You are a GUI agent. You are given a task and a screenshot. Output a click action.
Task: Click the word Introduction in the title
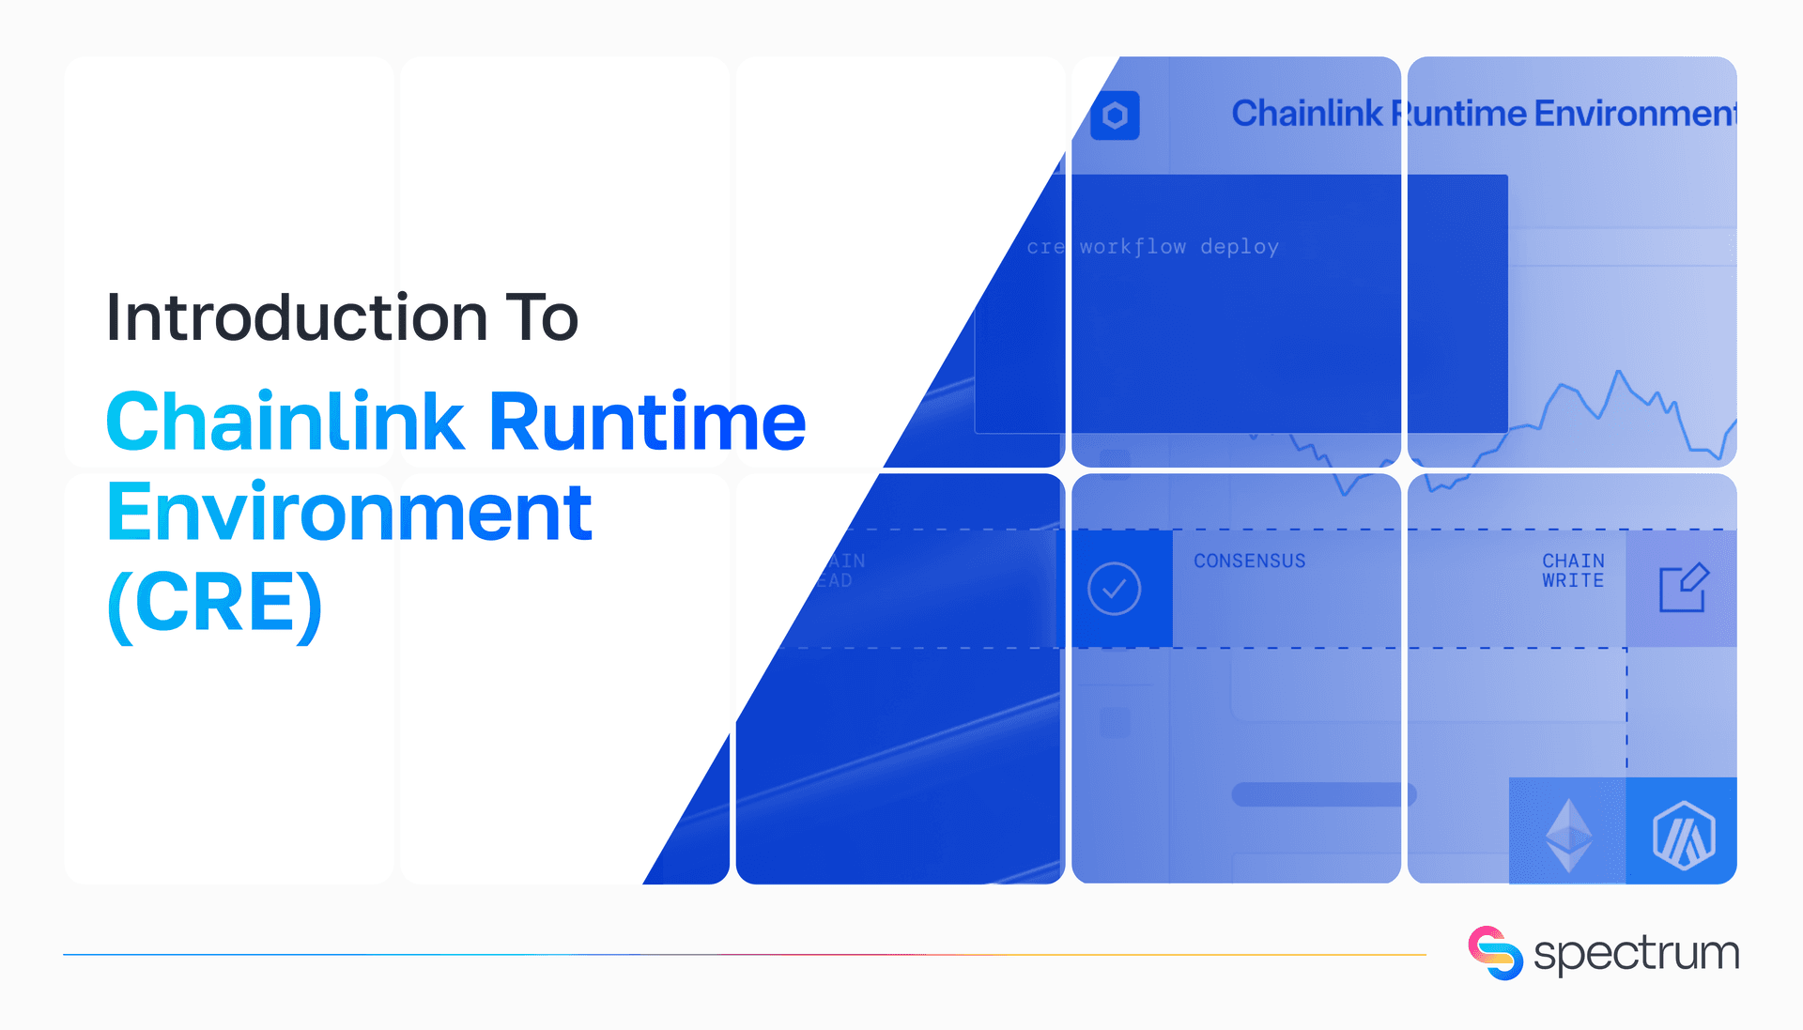point(297,317)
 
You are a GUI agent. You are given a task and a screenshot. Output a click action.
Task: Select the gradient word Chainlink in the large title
point(285,422)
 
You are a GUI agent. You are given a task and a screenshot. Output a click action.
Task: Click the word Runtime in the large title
point(647,422)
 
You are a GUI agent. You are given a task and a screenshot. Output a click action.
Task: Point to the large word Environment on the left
point(349,513)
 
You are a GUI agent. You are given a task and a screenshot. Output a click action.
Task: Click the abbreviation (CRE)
point(215,604)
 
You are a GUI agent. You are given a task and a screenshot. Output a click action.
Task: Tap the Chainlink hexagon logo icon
point(1115,115)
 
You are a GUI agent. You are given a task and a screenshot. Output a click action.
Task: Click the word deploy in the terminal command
point(1240,247)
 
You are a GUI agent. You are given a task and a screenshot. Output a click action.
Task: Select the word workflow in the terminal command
point(1133,247)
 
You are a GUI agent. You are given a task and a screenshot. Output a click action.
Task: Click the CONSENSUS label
point(1249,561)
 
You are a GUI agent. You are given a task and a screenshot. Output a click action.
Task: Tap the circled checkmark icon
point(1114,589)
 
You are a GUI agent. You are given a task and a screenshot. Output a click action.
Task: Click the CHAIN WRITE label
point(1573,571)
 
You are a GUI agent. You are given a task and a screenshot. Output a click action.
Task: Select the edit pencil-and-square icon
point(1683,588)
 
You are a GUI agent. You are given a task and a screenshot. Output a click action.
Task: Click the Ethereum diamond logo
point(1568,834)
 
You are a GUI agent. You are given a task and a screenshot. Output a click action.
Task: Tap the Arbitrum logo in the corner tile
point(1683,834)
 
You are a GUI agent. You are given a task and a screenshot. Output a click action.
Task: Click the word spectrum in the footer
point(1636,954)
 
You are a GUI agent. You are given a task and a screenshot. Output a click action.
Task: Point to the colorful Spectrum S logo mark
point(1495,953)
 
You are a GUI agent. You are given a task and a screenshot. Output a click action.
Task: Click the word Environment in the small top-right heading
point(1635,114)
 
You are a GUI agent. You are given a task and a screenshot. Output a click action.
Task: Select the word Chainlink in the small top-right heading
point(1306,114)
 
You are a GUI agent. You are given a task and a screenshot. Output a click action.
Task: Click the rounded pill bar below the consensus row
point(1323,794)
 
